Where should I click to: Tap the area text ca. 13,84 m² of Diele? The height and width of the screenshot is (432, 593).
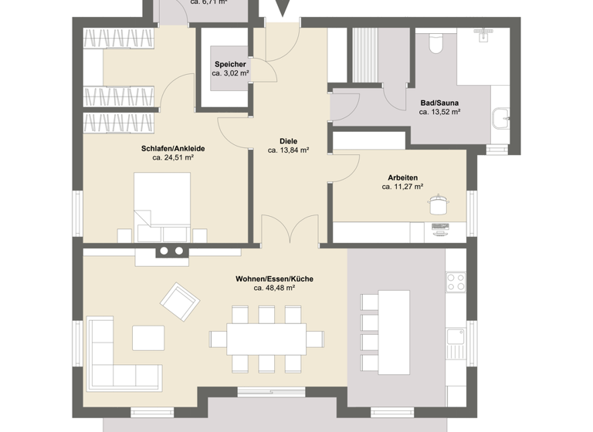(x=288, y=151)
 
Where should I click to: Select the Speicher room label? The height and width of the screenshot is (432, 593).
(x=230, y=64)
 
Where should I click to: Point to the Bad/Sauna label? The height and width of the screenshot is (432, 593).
(x=440, y=102)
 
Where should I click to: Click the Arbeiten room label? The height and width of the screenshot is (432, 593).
(x=403, y=176)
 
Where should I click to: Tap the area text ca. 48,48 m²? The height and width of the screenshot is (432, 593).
(x=275, y=289)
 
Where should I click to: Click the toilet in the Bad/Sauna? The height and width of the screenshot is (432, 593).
(x=435, y=43)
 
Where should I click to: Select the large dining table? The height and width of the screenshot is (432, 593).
(x=267, y=338)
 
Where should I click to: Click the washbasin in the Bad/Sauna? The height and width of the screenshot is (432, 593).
(x=501, y=121)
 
